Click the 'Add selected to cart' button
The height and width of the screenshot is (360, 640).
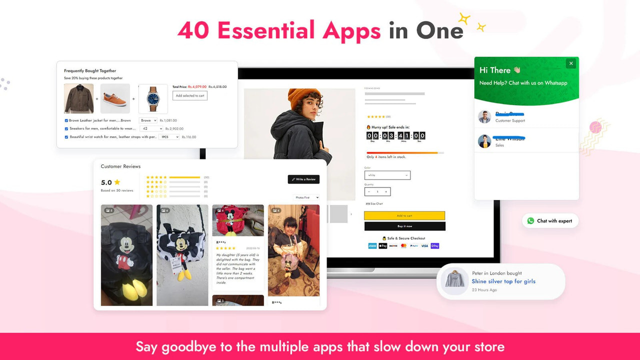(190, 95)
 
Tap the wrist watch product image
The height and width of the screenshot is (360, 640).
(153, 99)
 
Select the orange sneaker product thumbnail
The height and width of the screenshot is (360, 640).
(115, 99)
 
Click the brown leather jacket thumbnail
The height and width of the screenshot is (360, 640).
(78, 99)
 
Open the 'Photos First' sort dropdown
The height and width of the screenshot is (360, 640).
(306, 197)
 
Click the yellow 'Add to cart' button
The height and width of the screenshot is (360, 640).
(404, 216)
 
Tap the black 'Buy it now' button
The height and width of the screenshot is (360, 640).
(404, 226)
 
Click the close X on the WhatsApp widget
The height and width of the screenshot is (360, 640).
(571, 63)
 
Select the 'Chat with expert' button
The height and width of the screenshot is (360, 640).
(550, 221)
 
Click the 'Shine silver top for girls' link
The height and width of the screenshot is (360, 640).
(503, 281)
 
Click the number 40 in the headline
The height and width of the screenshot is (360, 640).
(193, 31)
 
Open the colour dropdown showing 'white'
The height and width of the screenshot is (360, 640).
(387, 175)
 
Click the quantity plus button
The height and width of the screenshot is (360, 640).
(386, 191)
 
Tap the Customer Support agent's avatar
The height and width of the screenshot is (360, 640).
(484, 117)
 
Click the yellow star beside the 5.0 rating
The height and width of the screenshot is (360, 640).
(117, 182)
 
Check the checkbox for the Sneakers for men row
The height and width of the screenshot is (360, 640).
(66, 128)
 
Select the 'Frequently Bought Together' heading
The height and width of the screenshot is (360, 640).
(90, 71)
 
